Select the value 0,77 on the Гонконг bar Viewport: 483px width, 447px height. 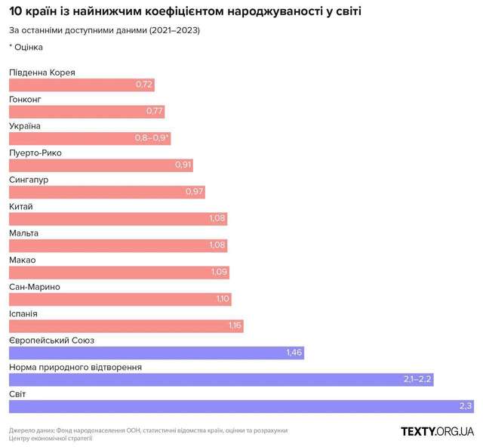(x=154, y=112)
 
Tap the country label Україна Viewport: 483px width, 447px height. (x=25, y=126)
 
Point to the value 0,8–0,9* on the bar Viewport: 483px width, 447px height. (x=152, y=138)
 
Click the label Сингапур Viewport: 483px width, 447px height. (x=29, y=180)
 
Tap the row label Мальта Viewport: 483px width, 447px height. (x=23, y=233)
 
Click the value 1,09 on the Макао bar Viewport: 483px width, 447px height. (x=217, y=273)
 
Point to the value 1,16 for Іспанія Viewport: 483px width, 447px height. (x=234, y=325)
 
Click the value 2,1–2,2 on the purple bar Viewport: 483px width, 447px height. (x=417, y=379)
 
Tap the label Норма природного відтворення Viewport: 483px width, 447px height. (x=75, y=367)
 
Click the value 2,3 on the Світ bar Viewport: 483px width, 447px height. (x=466, y=406)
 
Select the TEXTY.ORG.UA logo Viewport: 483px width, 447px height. (x=437, y=431)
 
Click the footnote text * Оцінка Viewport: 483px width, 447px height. (x=26, y=47)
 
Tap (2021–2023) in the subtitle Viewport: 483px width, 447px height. (x=175, y=30)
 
